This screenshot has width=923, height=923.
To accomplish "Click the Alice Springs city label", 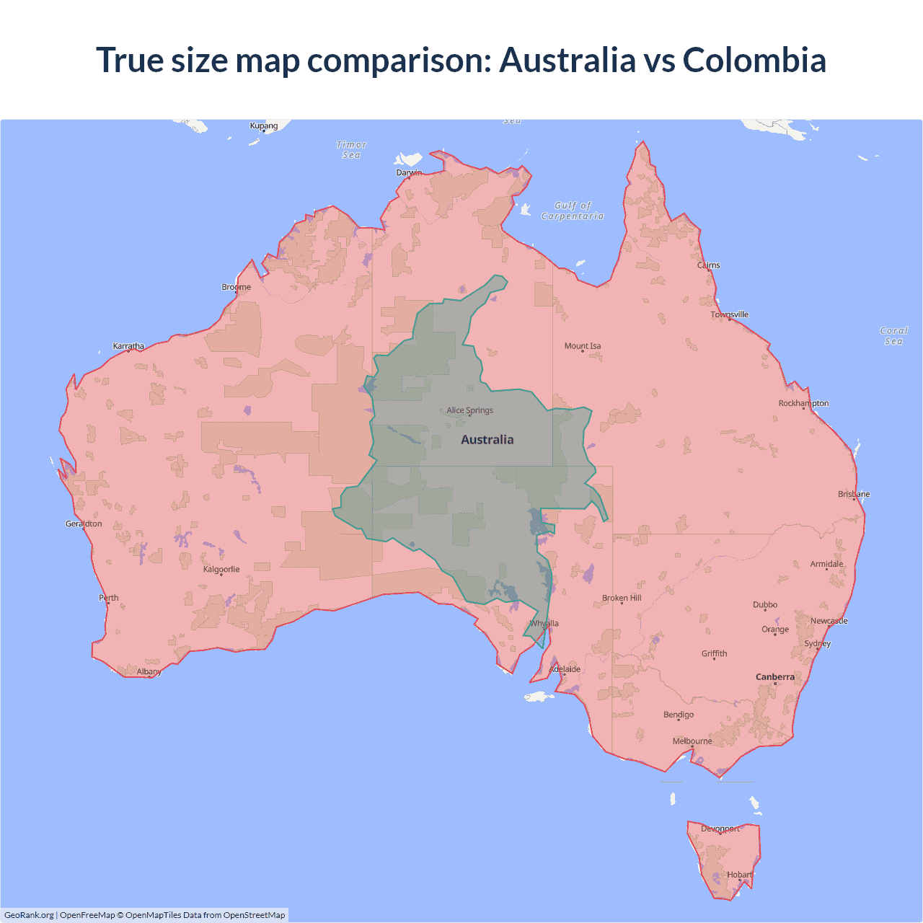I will (x=470, y=410).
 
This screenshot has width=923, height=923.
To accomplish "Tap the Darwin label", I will (x=409, y=172).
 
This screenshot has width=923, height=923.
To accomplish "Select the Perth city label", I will (x=109, y=598).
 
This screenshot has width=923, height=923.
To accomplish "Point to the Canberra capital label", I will (x=775, y=677).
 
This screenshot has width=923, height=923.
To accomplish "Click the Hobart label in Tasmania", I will (x=740, y=875).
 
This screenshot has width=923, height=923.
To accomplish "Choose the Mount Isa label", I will (x=583, y=346).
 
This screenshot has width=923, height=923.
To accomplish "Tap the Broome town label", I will (x=237, y=287).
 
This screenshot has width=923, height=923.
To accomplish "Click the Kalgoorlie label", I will (x=221, y=570).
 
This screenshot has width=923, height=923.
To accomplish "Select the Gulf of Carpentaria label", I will (x=573, y=211).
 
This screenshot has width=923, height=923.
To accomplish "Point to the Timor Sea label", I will (x=351, y=150).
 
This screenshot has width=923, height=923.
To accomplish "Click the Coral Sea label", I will (x=893, y=336).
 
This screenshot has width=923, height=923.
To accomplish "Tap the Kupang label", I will (x=264, y=125).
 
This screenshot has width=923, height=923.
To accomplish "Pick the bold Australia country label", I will (x=487, y=440).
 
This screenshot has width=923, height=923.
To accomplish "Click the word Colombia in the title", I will (x=754, y=60).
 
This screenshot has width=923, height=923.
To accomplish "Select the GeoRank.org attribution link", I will (x=29, y=915).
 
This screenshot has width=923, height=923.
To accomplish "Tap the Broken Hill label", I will (x=622, y=599).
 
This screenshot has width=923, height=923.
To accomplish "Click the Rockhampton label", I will (x=803, y=403).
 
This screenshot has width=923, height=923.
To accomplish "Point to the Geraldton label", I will (x=84, y=524).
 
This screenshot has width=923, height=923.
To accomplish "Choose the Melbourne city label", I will (x=692, y=741).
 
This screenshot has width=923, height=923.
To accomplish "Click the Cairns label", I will (x=709, y=265).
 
